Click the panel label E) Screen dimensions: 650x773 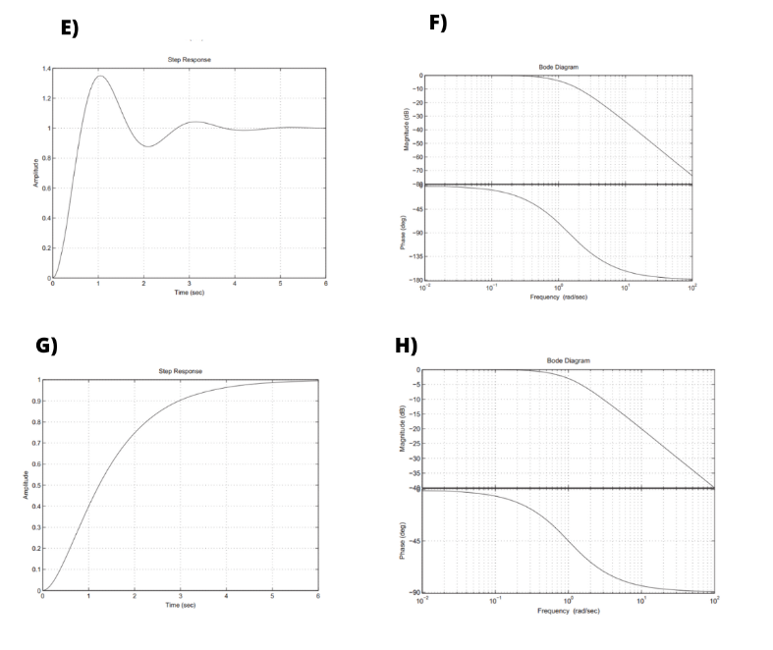69,28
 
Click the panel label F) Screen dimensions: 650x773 437,23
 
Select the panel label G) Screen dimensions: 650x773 46,346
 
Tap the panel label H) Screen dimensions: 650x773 406,346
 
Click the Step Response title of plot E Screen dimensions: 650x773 190,60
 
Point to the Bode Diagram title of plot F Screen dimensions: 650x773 558,67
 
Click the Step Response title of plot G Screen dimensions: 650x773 180,371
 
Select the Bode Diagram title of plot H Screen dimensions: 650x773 569,360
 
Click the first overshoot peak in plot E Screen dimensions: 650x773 100,77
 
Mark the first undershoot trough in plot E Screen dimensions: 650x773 145,146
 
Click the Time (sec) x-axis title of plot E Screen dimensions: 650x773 190,292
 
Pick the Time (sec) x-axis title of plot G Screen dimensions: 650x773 180,605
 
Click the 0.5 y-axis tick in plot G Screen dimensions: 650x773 34,486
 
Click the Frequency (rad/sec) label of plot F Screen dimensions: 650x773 558,297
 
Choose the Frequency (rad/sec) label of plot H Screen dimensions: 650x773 569,611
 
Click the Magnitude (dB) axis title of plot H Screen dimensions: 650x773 402,428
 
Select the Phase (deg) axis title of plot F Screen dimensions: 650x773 403,233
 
